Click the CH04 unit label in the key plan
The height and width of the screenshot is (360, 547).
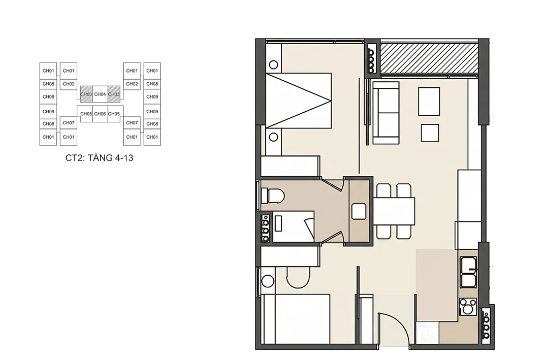(x=100, y=94)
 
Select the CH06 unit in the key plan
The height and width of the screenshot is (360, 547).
(x=100, y=114)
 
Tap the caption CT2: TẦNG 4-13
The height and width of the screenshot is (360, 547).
(x=100, y=158)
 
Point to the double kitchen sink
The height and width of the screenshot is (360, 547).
(x=468, y=272)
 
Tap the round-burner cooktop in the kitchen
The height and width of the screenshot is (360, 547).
(x=468, y=307)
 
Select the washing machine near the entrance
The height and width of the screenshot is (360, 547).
(x=427, y=333)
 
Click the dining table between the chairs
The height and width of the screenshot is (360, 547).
(x=394, y=211)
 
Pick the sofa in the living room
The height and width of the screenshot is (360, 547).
(x=386, y=113)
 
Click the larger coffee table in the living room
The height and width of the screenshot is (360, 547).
(x=429, y=101)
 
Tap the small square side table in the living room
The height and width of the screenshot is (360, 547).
(x=430, y=133)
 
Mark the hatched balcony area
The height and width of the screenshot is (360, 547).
(x=429, y=58)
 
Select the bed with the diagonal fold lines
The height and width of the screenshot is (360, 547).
(x=298, y=101)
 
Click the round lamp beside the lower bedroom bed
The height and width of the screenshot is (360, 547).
(x=268, y=281)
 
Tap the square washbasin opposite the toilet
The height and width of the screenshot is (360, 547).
(x=359, y=211)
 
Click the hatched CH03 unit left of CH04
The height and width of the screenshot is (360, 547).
(x=86, y=94)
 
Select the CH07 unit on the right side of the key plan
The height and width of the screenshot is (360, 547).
(x=132, y=123)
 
